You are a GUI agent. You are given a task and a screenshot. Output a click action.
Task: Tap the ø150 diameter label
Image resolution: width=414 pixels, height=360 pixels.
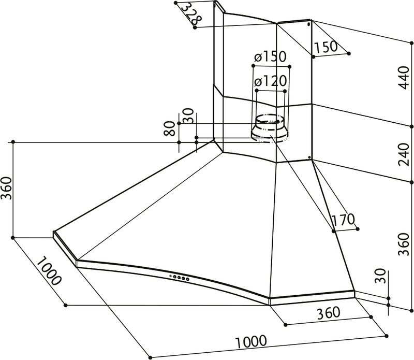270,57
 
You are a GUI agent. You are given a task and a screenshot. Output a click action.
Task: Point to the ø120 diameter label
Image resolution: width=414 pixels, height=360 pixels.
270,81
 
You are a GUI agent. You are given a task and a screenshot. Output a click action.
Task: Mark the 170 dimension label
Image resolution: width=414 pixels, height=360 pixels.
343,221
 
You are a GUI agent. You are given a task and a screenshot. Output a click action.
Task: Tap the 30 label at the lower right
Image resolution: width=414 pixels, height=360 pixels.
382,277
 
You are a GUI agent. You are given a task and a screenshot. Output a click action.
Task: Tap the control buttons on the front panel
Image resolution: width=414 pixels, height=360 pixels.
180,278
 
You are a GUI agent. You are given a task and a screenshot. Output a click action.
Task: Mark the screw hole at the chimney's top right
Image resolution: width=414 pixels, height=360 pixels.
309,24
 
